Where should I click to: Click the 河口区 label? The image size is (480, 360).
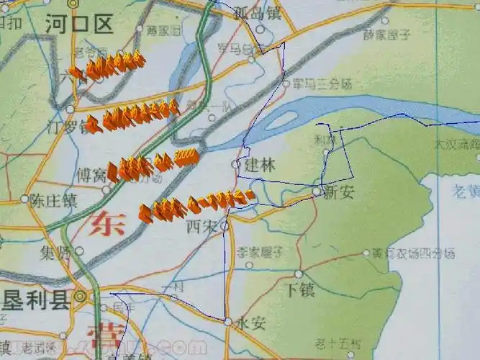tap(78, 26)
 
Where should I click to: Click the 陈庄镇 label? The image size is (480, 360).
tap(53, 199)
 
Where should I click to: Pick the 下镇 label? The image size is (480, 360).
tap(301, 290)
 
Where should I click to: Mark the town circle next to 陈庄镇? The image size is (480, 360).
tap(24, 199)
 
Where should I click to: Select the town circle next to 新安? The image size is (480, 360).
tap(317, 191)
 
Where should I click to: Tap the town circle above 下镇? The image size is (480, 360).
tap(299, 274)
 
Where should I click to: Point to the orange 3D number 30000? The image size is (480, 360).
tap(185, 156)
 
